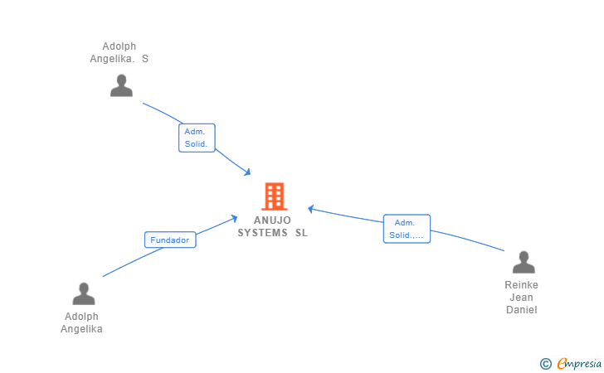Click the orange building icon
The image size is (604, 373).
point(274,196)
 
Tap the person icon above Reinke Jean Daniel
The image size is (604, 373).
point(524,263)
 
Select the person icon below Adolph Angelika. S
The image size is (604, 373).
point(121,85)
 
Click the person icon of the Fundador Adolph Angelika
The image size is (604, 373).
point(83,294)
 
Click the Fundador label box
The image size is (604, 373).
point(170,240)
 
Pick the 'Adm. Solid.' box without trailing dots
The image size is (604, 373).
point(197,138)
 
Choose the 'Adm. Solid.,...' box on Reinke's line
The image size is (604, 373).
point(407,229)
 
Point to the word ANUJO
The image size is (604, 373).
point(274,220)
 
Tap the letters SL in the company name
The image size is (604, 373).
point(301,233)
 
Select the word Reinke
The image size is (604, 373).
point(521,285)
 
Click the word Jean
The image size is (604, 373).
point(521,298)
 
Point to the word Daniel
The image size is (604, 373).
point(521,310)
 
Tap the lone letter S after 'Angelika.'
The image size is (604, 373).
point(145,59)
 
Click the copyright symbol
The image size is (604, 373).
point(545,363)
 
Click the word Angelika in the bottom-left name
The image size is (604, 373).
point(81,329)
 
